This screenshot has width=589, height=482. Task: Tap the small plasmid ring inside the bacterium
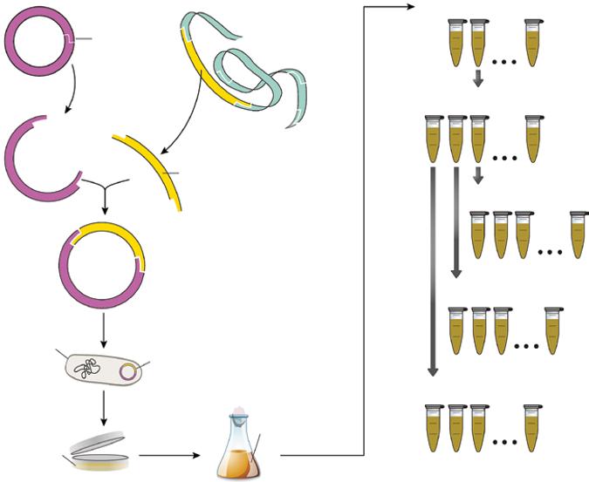127,373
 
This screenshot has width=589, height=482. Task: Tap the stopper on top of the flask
238,416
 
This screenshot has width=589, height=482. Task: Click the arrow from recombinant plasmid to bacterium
104,328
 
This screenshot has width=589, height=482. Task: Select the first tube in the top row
456,44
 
